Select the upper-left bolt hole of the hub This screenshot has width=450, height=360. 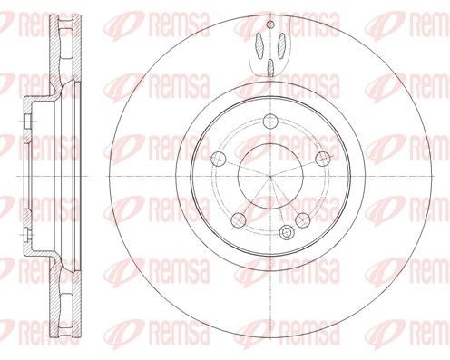[217, 158]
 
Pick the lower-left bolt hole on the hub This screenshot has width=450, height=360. [238, 219]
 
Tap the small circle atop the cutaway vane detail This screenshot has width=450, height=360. [270, 26]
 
